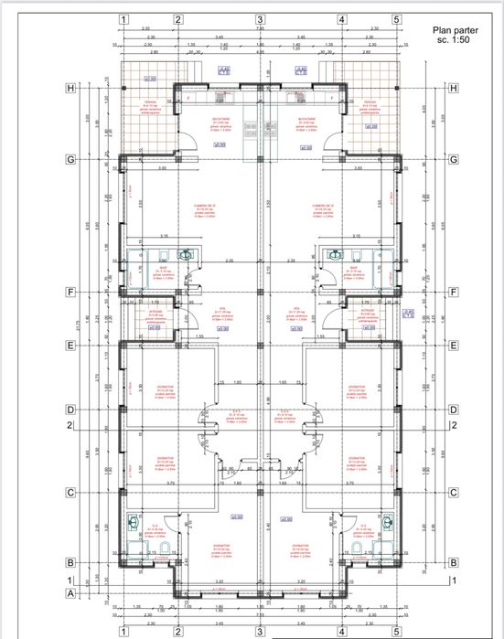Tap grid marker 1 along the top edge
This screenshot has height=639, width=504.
pos(123,18)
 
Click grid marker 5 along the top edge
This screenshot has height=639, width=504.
pos(397,18)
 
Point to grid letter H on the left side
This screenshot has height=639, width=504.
pos(69,88)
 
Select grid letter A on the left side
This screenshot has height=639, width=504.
pos(69,592)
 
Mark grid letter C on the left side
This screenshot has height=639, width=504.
pos(69,493)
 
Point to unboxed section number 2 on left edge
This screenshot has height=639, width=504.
pos(69,425)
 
